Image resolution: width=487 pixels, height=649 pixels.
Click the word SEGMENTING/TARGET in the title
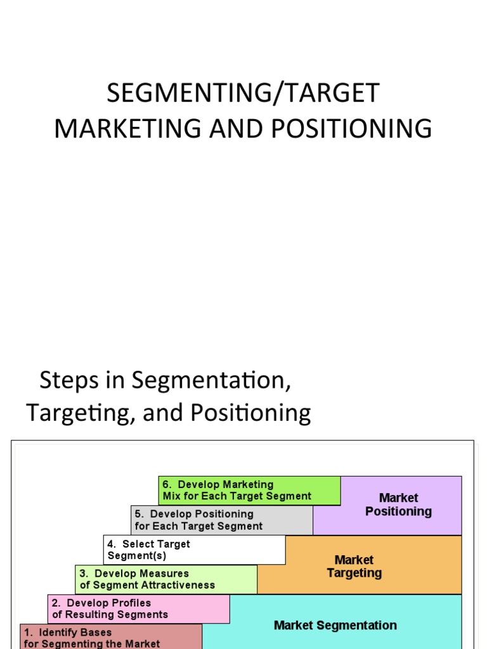click(243, 93)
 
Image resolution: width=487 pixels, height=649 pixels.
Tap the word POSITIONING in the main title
click(352, 129)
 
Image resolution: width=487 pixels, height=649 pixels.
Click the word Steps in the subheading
click(61, 380)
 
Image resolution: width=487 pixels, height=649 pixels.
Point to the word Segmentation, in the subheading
click(211, 380)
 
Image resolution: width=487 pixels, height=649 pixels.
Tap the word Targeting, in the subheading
click(81, 413)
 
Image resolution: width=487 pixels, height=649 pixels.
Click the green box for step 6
click(249, 491)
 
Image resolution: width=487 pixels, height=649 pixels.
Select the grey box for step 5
click(222, 520)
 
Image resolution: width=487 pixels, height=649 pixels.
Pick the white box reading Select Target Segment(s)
click(194, 549)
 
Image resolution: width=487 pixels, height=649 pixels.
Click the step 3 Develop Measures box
click(166, 579)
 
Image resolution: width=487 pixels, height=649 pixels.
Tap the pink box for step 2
click(138, 608)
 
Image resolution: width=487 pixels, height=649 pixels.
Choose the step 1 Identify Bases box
click(111, 638)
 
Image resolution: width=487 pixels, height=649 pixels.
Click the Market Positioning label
click(398, 504)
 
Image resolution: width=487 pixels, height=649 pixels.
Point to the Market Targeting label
click(354, 567)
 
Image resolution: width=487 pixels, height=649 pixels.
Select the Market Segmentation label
click(335, 626)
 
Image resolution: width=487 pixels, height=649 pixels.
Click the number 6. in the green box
click(167, 485)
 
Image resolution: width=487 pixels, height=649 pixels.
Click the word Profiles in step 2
click(131, 603)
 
